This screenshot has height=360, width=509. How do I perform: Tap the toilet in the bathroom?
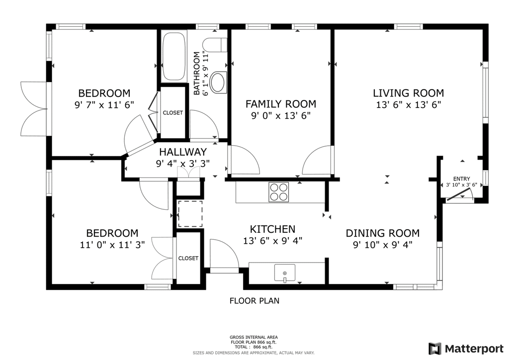coord(215,45)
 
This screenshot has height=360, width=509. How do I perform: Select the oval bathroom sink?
coord(218,83)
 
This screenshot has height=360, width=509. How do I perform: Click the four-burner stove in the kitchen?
coord(278,192)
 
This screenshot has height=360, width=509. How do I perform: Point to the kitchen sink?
coord(285,272)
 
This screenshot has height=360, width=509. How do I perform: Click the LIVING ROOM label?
coord(409,93)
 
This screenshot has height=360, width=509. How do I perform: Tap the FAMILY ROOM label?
coord(281,104)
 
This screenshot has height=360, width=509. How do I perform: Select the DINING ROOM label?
coord(383,233)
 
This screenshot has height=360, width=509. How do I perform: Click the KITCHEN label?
coord(273,229)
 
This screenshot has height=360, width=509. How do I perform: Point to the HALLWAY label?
coord(183,152)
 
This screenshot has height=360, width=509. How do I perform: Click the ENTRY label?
coord(462,179)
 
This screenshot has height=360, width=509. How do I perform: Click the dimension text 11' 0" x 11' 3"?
coord(112,245)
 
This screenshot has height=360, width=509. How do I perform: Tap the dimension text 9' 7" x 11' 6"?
coord(104,105)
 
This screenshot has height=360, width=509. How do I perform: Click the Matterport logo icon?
coord(434,349)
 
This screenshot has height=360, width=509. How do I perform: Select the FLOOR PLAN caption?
coord(254,301)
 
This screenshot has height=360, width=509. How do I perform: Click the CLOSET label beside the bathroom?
coord(172,113)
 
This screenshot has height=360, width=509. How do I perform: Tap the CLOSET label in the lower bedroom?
coord(188,258)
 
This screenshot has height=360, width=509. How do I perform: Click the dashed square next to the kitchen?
coord(190,214)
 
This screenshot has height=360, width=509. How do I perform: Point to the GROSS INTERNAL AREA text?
coord(254,337)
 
